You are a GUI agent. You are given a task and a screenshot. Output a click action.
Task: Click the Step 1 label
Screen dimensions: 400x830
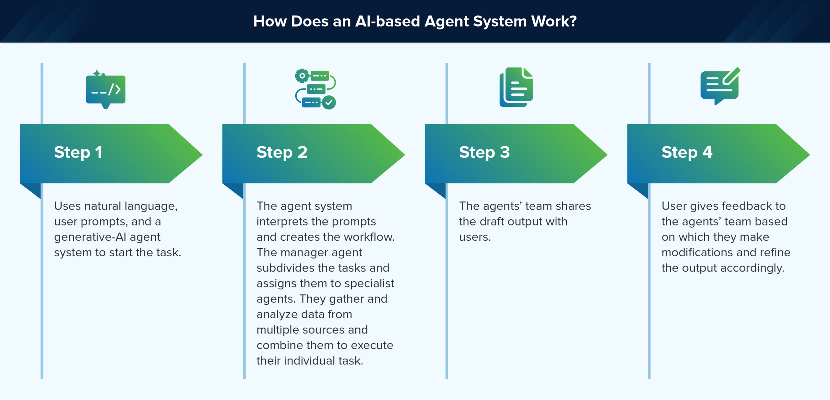point(78,152)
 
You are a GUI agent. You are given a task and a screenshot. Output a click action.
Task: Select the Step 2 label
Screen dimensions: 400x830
point(282,152)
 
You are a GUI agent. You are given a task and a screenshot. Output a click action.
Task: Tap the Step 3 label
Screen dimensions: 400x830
point(484,152)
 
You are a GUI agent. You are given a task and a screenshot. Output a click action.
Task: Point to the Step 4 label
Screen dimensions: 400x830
point(687,152)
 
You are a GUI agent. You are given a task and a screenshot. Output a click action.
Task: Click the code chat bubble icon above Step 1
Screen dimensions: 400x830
point(106,89)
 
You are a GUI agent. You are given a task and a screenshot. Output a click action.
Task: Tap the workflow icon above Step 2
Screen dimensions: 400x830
point(315,89)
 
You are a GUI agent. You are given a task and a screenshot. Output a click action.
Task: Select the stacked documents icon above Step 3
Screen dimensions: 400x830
point(516,87)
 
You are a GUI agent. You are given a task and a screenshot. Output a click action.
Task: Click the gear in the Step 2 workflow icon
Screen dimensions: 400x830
point(302,76)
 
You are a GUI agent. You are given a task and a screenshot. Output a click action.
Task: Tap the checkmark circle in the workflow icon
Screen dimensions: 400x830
point(329,103)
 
